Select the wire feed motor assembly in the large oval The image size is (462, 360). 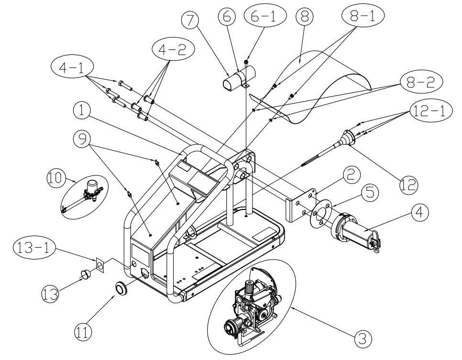[x=253, y=306]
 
